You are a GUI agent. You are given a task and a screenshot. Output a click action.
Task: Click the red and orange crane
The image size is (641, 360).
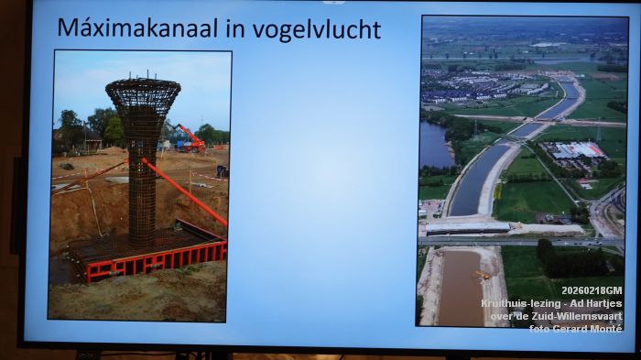[x=190, y=139]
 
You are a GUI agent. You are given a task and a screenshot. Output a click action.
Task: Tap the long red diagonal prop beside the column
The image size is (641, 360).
[x=183, y=192]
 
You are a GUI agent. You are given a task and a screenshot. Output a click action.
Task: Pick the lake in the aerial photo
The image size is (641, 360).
[x=435, y=145]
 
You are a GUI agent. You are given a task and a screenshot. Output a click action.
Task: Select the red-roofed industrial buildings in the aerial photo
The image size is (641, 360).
[x=575, y=150]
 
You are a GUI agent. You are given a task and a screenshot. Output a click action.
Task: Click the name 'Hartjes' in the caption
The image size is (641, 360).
[x=603, y=303]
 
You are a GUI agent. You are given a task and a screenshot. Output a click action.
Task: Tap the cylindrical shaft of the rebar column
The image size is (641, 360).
[x=142, y=183]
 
